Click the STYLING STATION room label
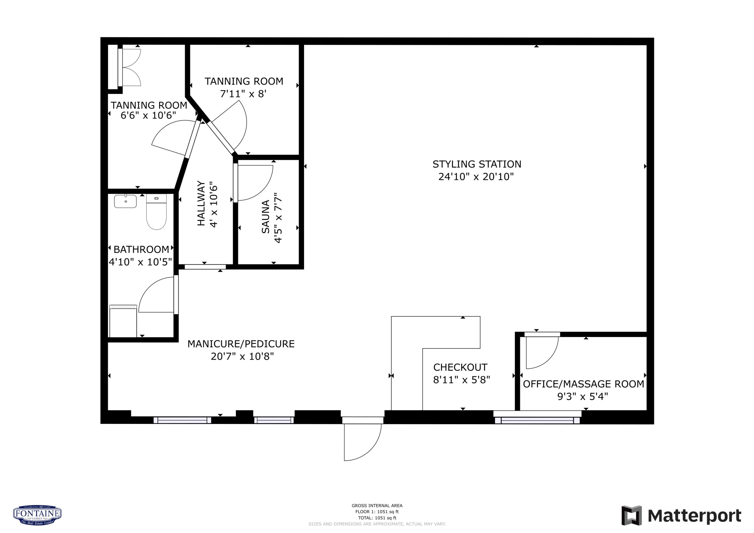coord(477,164)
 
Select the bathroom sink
coord(125,201)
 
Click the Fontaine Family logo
coord(37,515)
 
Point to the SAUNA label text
coord(265,217)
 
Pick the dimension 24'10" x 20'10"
coord(476,177)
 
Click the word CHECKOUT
coord(460,367)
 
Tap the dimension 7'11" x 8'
coord(243,94)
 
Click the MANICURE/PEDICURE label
coord(241,344)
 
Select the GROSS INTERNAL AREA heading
coord(377,506)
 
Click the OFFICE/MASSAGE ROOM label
coord(583,384)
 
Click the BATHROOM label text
coord(141,250)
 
